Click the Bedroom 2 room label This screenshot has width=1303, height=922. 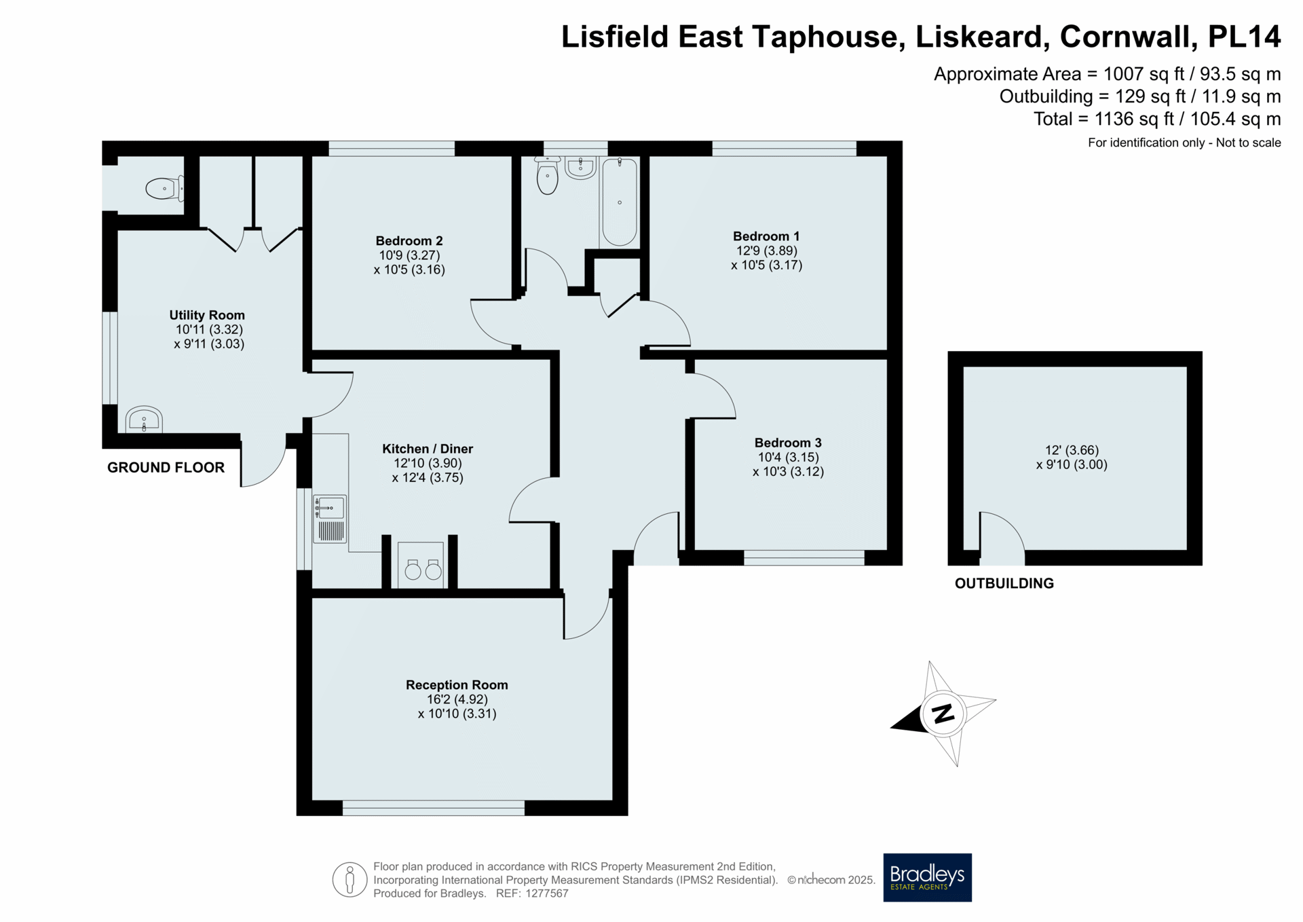pos(409,241)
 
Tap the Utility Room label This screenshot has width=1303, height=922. pos(207,315)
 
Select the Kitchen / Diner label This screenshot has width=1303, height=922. pos(428,449)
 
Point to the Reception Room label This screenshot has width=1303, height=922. pos(457,685)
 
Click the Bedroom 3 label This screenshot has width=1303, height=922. pos(788,443)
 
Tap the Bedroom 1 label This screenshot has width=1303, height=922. pos(766,236)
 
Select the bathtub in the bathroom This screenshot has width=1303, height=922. pos(619,202)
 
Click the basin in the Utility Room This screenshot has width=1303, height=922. pos(144,420)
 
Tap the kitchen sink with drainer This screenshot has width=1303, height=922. pos(330,519)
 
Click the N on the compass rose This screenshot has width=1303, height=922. pos(943,714)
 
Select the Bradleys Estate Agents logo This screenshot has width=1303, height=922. pos(927,877)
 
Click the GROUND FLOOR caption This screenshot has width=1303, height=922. pos(166,467)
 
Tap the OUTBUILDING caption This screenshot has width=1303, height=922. pos(1004,583)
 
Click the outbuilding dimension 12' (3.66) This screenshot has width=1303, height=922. pos(1072,450)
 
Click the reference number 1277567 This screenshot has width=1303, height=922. pos(546,893)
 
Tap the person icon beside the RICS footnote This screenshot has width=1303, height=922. pos(350,880)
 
